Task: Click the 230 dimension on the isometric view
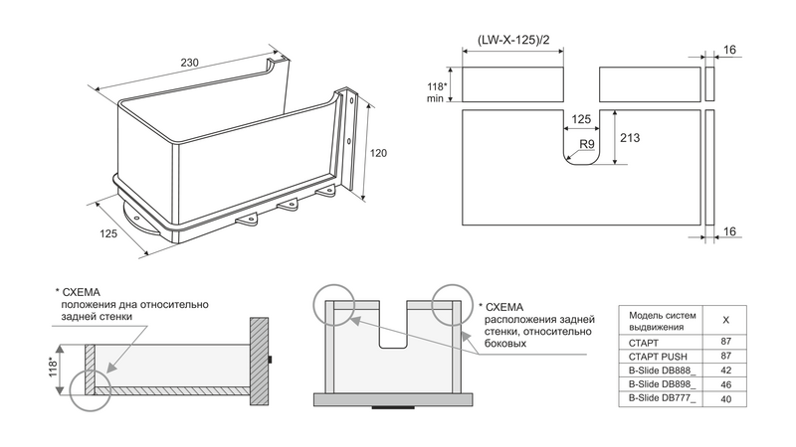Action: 189,63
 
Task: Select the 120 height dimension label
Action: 378,153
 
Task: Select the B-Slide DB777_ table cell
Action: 660,397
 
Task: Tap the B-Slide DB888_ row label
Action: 660,369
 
